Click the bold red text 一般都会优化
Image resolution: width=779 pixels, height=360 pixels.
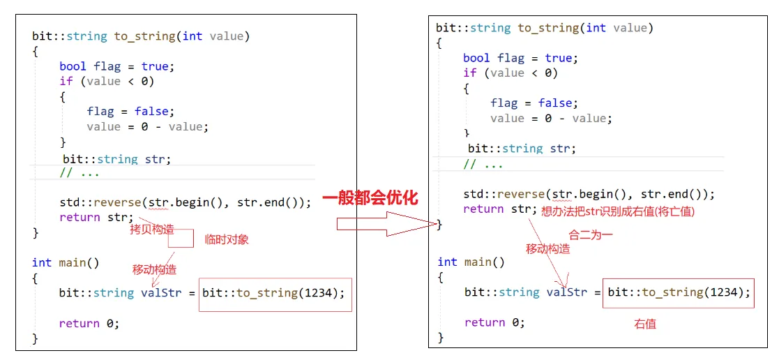370,198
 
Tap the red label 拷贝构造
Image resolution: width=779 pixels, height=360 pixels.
151,230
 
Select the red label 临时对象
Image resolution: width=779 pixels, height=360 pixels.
226,239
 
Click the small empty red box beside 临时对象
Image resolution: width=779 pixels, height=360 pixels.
180,239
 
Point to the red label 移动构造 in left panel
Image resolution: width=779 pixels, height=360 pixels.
154,269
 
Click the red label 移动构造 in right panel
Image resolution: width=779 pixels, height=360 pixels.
547,248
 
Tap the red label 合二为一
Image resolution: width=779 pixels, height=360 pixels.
590,235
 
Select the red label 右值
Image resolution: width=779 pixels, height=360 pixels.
644,324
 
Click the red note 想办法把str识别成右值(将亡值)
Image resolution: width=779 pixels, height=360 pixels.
618,211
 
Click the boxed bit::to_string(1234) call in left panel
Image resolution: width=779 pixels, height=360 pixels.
273,293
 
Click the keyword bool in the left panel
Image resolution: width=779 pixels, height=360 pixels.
73,66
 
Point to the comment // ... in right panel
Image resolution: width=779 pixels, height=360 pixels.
483,165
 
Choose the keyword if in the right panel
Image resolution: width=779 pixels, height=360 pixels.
470,73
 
